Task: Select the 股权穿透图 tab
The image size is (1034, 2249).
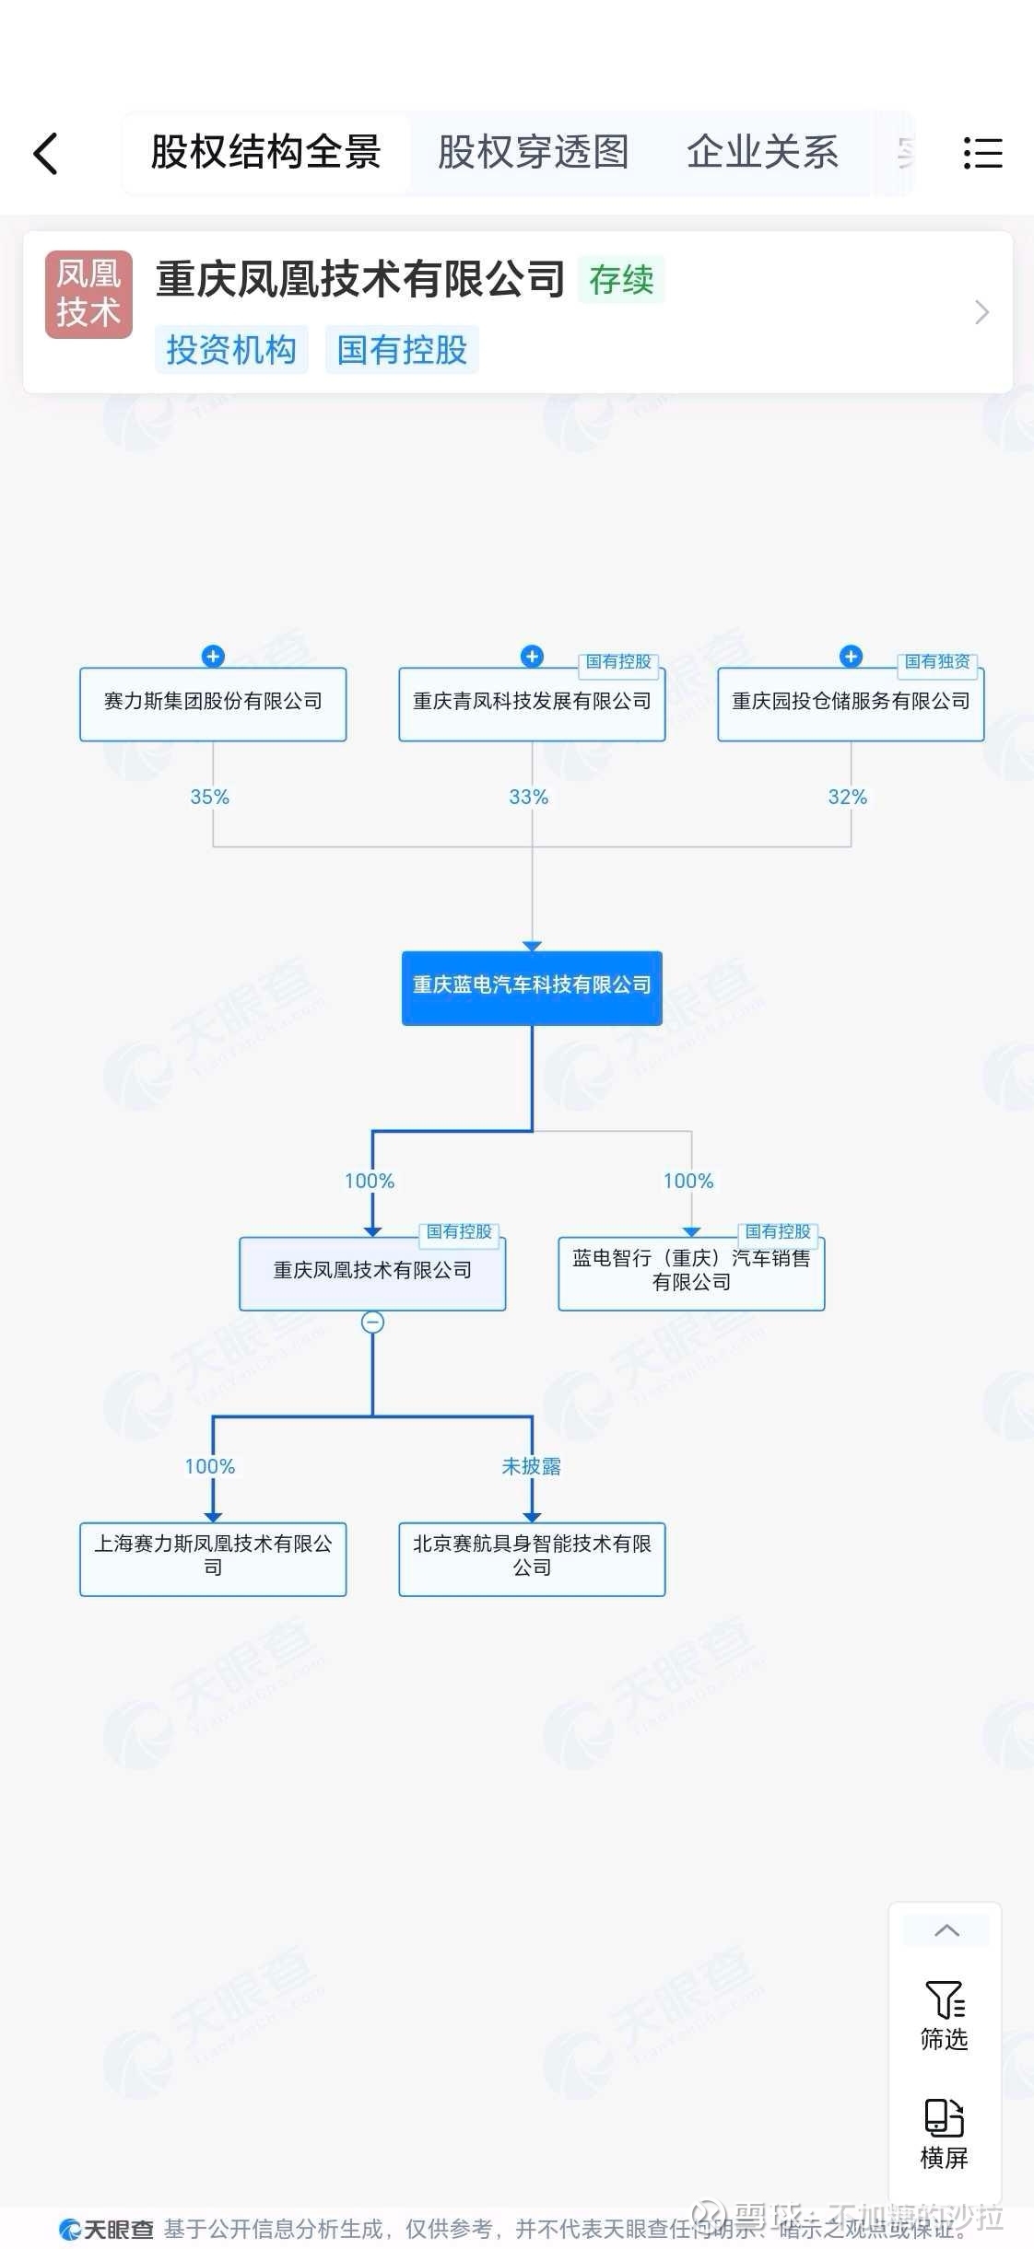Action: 533,153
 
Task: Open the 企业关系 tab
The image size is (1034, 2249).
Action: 762,153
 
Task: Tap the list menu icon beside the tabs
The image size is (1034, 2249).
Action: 982,153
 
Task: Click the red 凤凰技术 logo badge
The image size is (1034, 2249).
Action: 88,294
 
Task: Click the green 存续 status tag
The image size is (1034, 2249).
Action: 621,280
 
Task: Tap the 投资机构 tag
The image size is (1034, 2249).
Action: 230,350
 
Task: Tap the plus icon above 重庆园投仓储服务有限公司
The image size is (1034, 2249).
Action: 851,657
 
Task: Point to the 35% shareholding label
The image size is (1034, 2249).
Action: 209,798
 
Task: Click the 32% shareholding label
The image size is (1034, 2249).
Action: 847,798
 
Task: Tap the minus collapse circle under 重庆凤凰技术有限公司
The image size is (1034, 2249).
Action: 372,1323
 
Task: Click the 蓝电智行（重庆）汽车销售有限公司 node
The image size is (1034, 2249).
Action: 691,1272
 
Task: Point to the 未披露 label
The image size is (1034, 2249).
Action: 531,1466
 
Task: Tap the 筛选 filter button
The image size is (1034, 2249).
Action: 945,2017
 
